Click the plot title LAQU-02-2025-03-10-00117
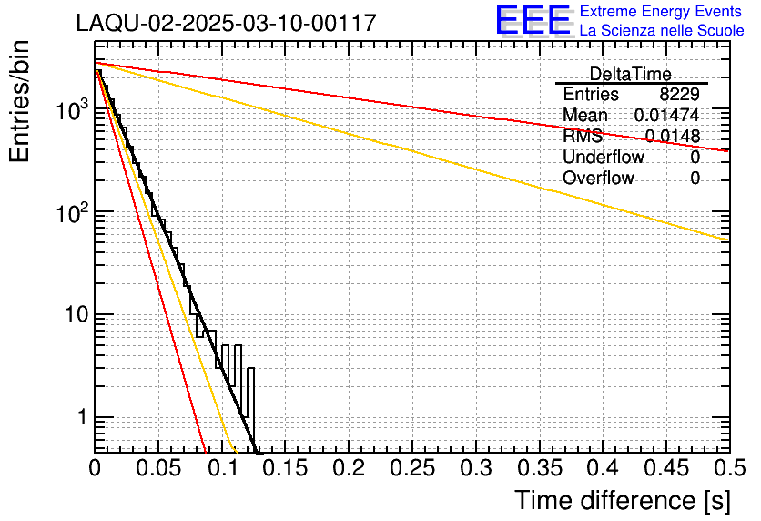(226, 23)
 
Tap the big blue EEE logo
(533, 20)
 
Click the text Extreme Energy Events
(661, 12)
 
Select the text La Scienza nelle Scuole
(661, 30)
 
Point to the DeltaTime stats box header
(630, 74)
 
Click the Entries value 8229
(680, 95)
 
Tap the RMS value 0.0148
(673, 137)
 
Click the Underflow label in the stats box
(604, 158)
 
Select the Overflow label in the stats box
(598, 179)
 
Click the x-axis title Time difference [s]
(622, 500)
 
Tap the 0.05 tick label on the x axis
(158, 469)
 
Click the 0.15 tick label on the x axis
(285, 469)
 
